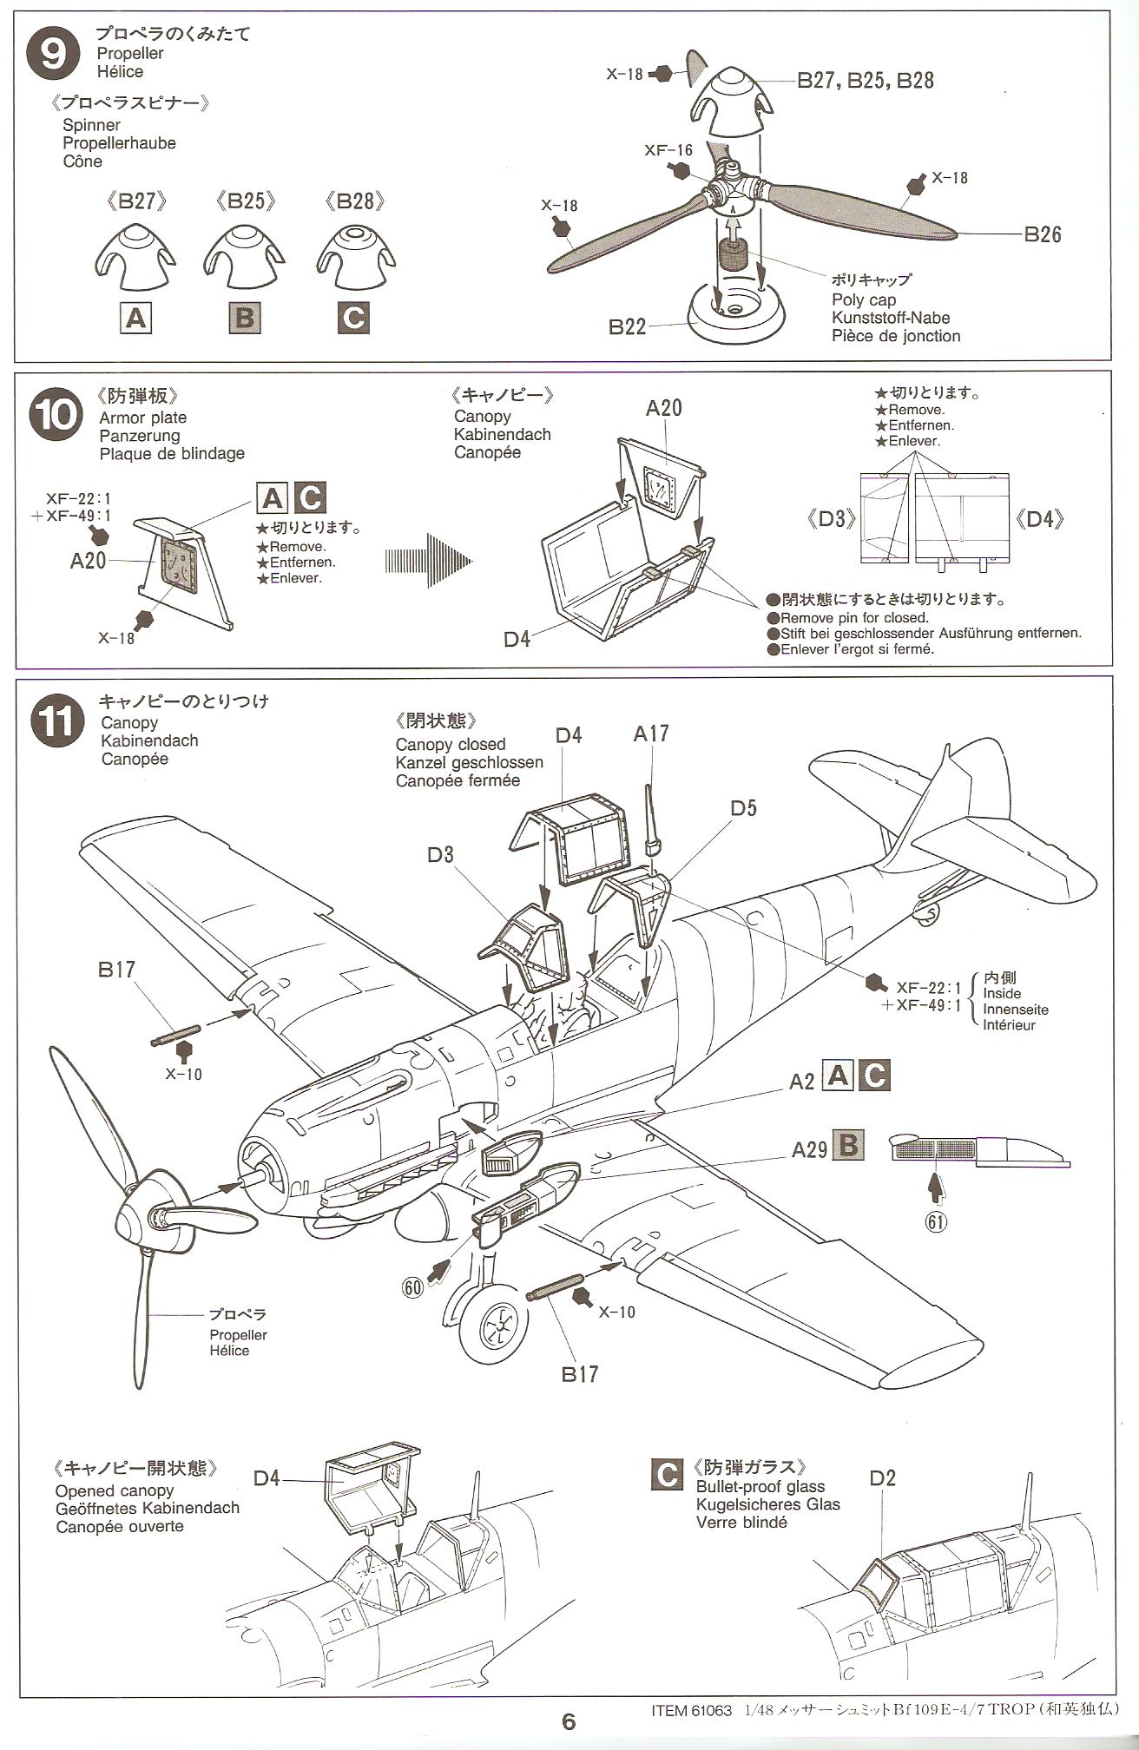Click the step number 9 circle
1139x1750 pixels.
(x=54, y=55)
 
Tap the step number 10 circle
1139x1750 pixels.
(x=55, y=415)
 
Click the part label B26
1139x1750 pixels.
(x=1042, y=234)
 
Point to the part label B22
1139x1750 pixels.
(x=627, y=327)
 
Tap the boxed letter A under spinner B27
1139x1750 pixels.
(x=136, y=319)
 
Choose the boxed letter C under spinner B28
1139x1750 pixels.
(x=353, y=318)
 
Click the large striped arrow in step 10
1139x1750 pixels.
(x=429, y=562)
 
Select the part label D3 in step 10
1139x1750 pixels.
(x=831, y=519)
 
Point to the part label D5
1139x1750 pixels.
(x=743, y=808)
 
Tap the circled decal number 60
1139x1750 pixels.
(x=413, y=1287)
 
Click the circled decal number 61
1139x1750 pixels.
(x=935, y=1221)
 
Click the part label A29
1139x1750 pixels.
(x=808, y=1150)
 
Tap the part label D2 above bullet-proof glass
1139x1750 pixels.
(x=882, y=1478)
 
